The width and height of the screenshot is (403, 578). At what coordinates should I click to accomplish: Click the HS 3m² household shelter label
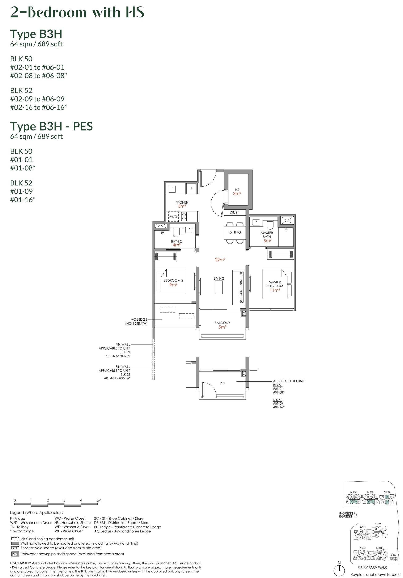coord(237,192)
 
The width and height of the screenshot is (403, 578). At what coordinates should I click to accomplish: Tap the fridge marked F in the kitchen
coord(192,188)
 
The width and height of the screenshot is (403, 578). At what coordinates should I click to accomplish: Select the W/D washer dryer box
coord(173,216)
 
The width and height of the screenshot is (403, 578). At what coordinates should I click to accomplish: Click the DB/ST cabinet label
coord(234,212)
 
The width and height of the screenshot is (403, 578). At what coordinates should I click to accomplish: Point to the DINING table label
coord(235,232)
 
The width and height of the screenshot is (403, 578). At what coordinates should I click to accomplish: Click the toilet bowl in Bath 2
coord(176,233)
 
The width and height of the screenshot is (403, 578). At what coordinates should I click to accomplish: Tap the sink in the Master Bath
coord(256,222)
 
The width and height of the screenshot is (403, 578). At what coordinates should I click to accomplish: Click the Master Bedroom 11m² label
coord(275,286)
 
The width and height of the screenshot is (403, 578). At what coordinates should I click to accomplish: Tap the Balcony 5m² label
coord(222,325)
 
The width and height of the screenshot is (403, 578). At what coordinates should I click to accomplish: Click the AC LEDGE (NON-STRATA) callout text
coord(137,321)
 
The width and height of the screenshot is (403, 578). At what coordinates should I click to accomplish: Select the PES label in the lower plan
coord(222,383)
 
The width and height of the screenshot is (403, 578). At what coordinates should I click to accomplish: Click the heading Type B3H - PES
coord(51,126)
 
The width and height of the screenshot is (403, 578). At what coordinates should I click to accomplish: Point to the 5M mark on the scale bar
coord(99,500)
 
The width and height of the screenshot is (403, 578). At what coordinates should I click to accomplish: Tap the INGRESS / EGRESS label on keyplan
coord(346,515)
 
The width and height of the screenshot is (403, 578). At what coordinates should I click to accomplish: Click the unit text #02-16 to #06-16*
coord(38,107)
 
